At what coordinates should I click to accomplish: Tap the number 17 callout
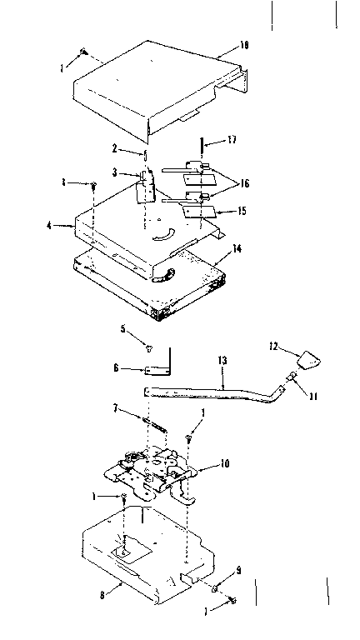click(231, 141)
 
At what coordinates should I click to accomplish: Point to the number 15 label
click(241, 211)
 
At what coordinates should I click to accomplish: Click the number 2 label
click(115, 147)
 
